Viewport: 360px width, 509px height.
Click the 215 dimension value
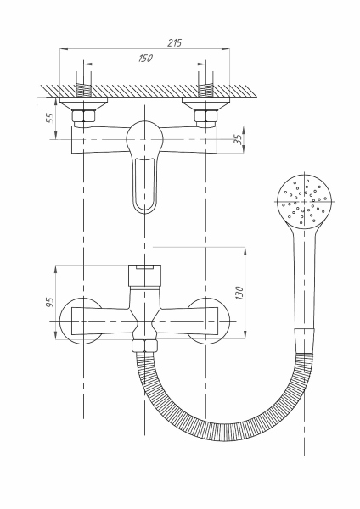(174, 42)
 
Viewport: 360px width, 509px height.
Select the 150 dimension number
(145, 58)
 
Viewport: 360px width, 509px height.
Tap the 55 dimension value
(50, 118)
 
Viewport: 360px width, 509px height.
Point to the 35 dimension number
(238, 139)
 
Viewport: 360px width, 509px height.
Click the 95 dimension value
(50, 302)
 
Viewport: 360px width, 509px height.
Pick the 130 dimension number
(239, 294)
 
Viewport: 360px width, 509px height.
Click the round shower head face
(305, 201)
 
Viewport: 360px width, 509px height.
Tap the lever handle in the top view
(144, 167)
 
